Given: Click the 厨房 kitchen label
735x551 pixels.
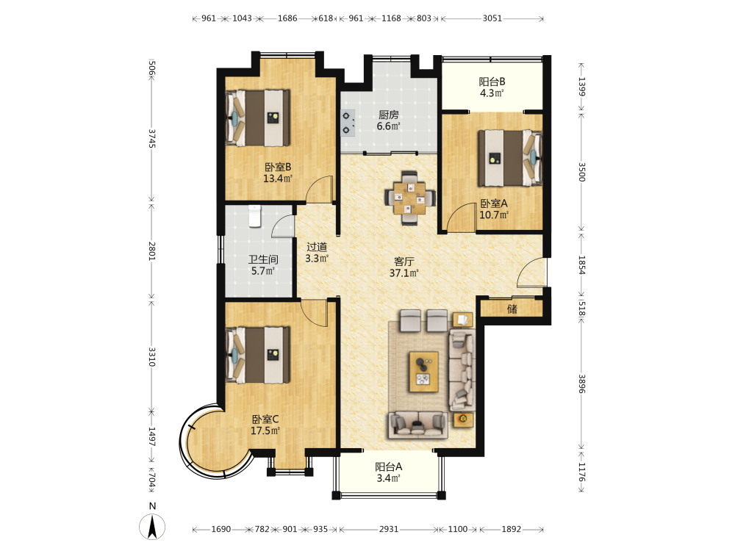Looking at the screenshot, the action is (389, 115).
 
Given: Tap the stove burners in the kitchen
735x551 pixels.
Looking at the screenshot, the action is (348, 123).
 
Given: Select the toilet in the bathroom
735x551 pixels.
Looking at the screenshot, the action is (254, 216).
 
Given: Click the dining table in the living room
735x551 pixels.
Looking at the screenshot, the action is (409, 198).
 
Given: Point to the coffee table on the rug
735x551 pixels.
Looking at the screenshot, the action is (424, 372).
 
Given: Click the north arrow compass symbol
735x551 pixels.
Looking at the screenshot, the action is (152, 526).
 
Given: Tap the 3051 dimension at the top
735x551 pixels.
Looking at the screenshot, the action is (492, 18).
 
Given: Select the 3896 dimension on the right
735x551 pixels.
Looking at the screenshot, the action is (581, 383).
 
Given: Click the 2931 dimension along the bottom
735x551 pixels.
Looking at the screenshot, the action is (389, 529).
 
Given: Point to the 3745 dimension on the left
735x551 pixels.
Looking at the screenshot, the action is (151, 138).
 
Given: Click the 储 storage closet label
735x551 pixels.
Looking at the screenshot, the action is (512, 309).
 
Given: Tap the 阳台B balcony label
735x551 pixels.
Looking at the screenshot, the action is (492, 82).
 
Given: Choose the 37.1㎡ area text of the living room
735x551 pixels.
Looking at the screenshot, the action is (404, 273).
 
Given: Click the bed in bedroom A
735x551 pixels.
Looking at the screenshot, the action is (510, 158).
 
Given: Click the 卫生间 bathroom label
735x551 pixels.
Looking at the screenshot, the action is (263, 259).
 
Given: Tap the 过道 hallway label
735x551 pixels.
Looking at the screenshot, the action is (317, 247).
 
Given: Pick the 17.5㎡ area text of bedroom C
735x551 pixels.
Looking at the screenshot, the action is (265, 431).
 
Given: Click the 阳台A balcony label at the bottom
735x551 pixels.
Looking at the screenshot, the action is (389, 467).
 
